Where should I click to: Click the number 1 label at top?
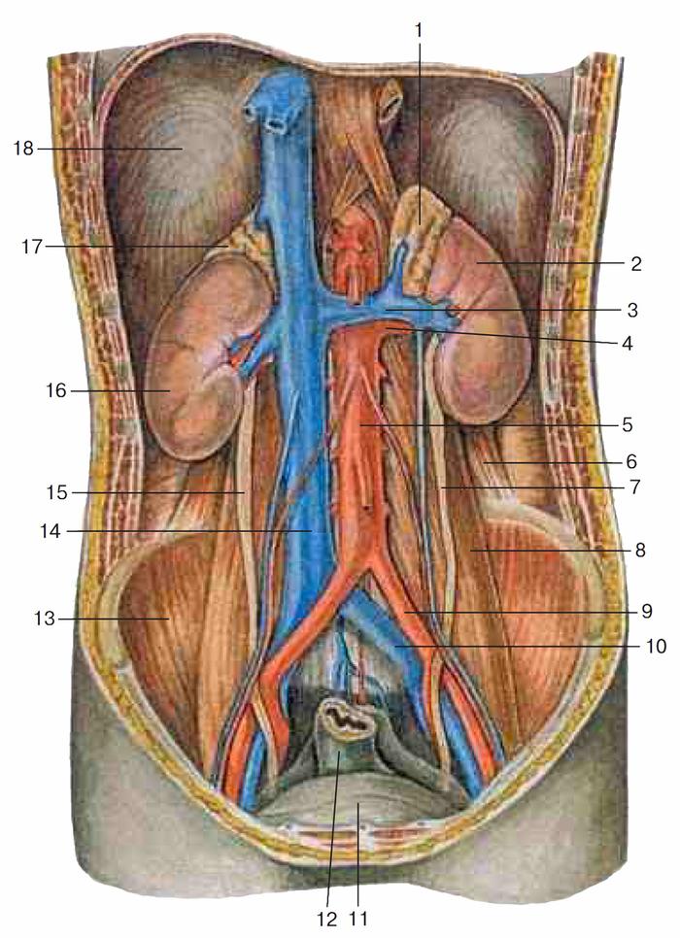(419, 30)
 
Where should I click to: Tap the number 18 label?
(24, 149)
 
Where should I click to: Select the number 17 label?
(32, 246)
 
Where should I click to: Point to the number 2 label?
(635, 263)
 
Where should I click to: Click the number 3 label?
(632, 310)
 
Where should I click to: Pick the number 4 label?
(628, 344)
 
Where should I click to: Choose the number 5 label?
(628, 424)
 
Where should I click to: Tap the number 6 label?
(631, 462)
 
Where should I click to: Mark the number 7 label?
(635, 487)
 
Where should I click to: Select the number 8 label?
(640, 550)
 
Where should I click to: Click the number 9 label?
(646, 612)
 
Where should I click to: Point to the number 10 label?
(656, 647)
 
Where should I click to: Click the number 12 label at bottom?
(327, 919)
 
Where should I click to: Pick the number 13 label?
(45, 618)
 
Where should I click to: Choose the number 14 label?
(51, 530)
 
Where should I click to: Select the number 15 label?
(57, 493)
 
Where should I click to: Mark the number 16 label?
(56, 391)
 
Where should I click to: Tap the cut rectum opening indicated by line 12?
(347, 717)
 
